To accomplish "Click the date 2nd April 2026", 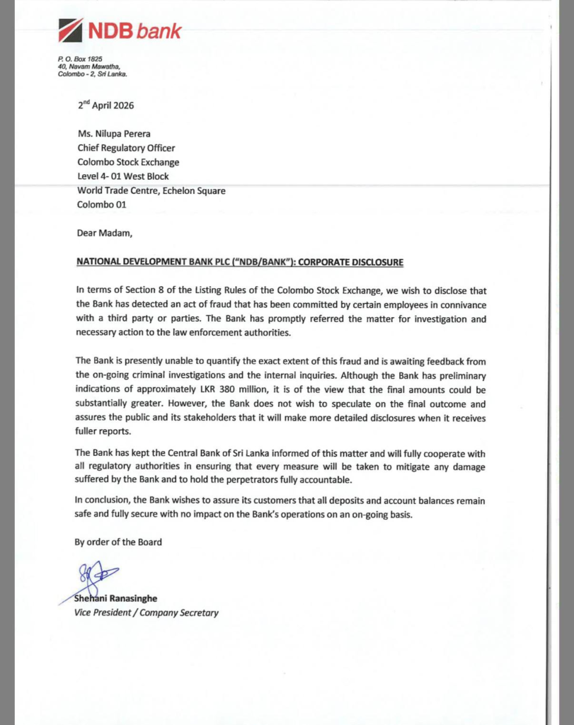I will [x=105, y=105].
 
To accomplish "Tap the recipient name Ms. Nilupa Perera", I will [x=118, y=135].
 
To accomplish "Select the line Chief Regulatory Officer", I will [x=126, y=148].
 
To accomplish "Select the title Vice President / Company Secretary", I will [x=147, y=612].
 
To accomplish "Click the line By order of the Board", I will [x=118, y=542].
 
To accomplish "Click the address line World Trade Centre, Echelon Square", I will [x=151, y=190].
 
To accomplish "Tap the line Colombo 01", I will [x=101, y=205].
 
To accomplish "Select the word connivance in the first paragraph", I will [x=461, y=304].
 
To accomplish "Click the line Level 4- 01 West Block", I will [x=123, y=176].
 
